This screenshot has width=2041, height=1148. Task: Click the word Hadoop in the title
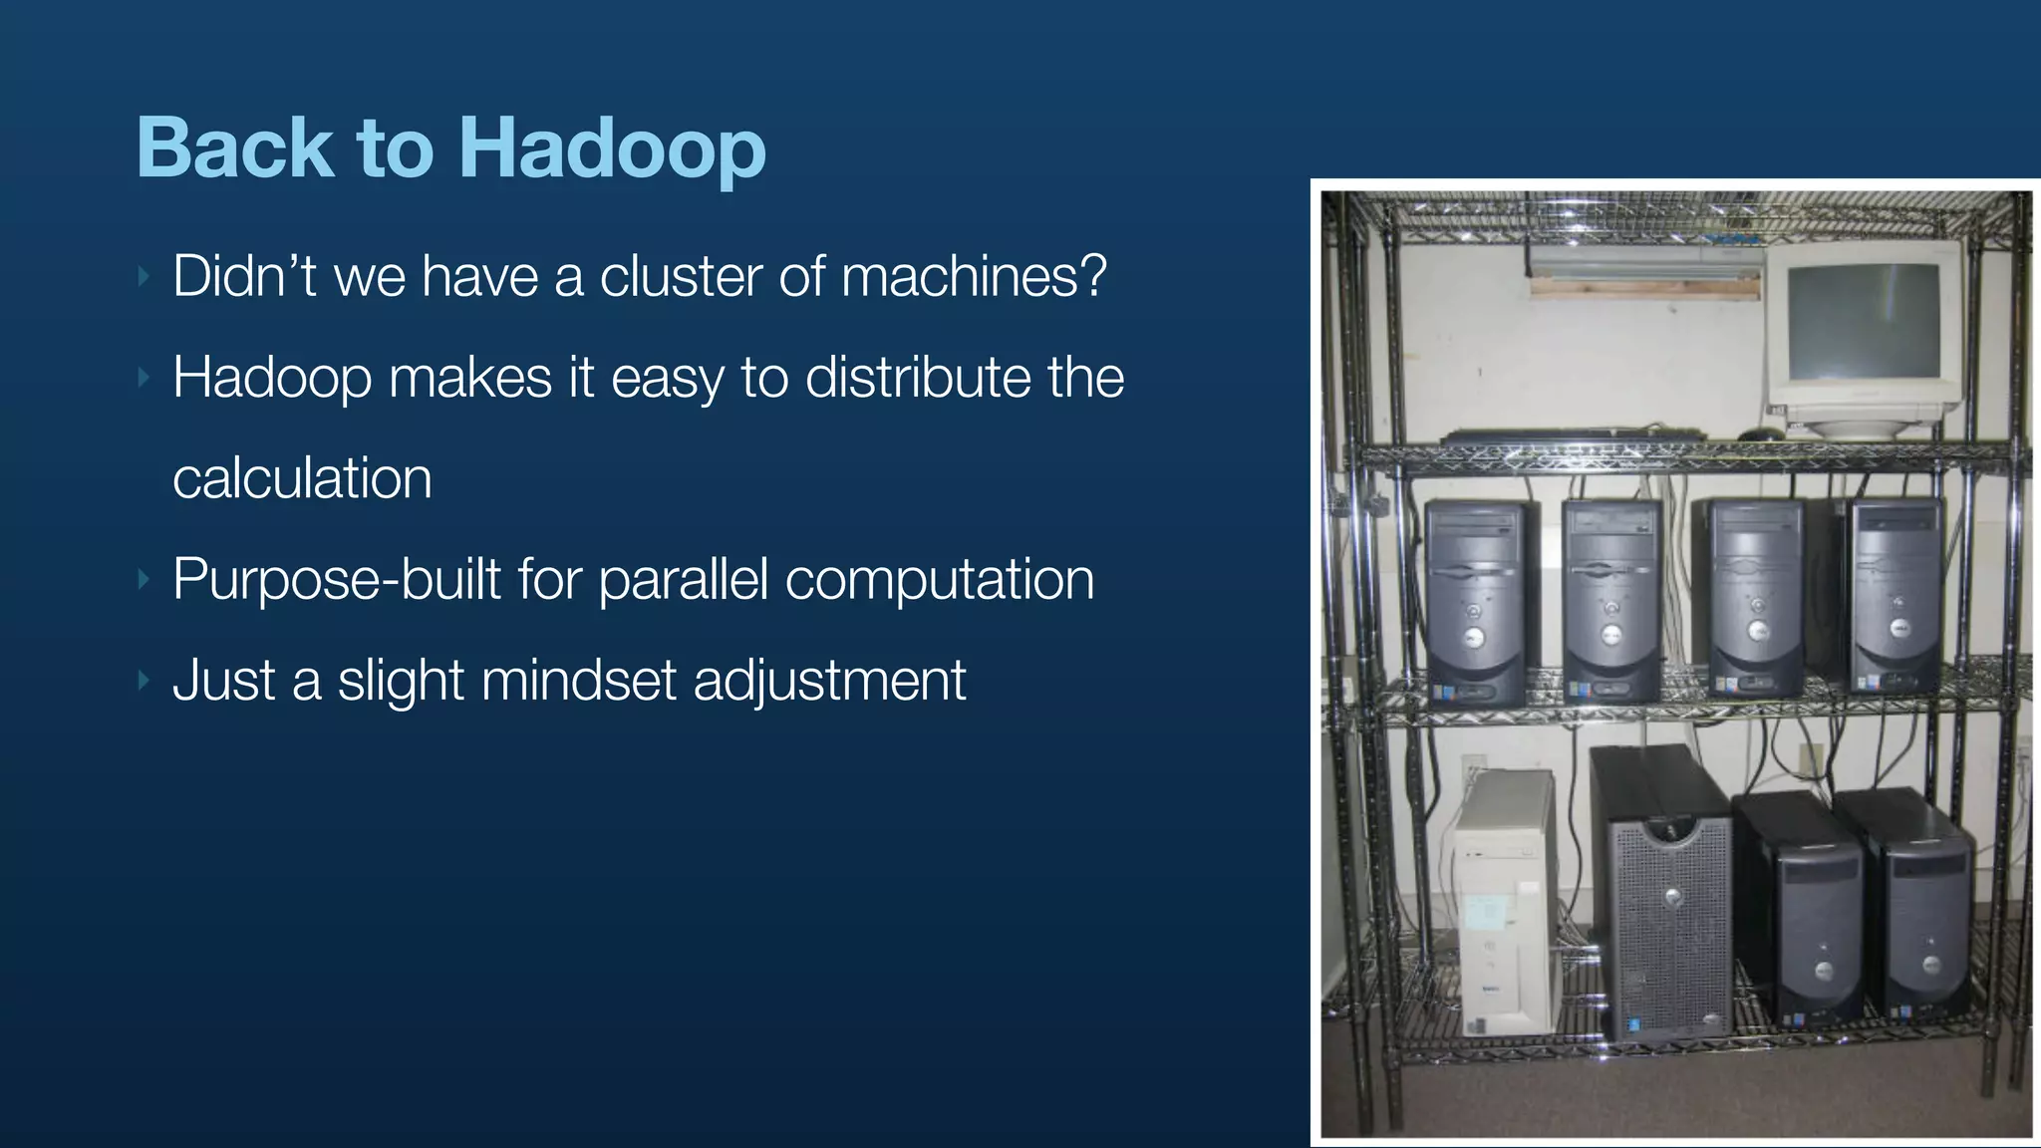612,149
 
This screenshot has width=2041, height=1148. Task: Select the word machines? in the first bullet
974,276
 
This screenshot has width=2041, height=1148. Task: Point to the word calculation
302,478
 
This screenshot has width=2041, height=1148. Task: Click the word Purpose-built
336,580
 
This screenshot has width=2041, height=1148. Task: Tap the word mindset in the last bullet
578,681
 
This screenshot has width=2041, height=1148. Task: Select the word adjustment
829,683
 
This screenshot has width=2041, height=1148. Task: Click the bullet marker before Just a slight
144,682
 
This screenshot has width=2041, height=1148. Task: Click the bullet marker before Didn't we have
144,276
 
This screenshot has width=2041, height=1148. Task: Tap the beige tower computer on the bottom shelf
1503,902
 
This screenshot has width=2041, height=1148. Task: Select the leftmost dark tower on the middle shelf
1475,603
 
